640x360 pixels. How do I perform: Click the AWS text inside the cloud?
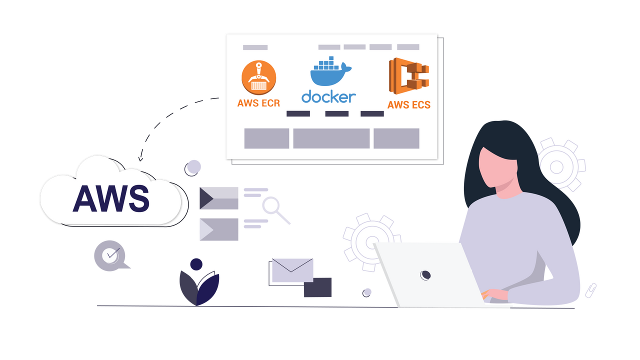[x=111, y=198]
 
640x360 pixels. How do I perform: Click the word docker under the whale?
[x=328, y=96]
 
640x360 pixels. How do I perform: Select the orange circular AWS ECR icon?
[x=258, y=77]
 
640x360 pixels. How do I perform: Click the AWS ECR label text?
[x=258, y=103]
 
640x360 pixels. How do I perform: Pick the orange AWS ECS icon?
[x=409, y=77]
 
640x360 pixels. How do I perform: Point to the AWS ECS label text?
[x=409, y=105]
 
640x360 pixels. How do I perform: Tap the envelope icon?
[x=292, y=270]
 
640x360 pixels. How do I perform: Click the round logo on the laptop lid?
[x=425, y=274]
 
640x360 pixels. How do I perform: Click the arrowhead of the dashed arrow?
[x=141, y=159]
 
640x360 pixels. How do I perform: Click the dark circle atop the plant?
[x=196, y=264]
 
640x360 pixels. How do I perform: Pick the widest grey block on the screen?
[x=331, y=138]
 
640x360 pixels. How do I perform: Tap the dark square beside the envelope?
[x=317, y=287]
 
